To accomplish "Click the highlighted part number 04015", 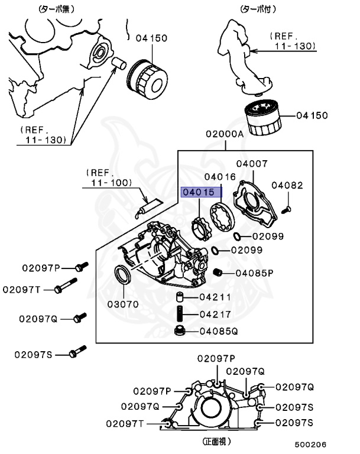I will (x=198, y=192).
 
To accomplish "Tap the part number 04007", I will (x=252, y=164).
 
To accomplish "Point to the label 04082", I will (x=287, y=185).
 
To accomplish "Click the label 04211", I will (x=215, y=297).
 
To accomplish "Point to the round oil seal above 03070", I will (x=123, y=277).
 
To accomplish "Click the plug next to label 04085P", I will (x=217, y=272).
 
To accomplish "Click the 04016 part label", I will (x=220, y=176).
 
